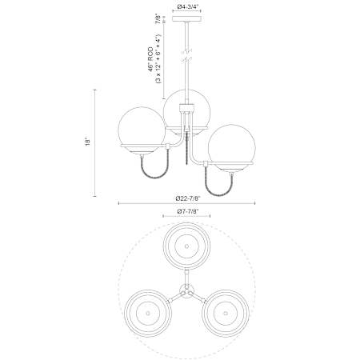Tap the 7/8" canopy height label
pyautogui.click(x=158, y=19)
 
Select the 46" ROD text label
pyautogui.click(x=151, y=59)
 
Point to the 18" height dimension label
pyautogui.click(x=88, y=142)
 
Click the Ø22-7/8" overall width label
pyautogui.click(x=188, y=198)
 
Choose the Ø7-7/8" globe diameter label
pyautogui.click(x=188, y=211)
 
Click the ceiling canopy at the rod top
pyautogui.click(x=186, y=19)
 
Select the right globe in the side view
pyautogui.click(x=231, y=147)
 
